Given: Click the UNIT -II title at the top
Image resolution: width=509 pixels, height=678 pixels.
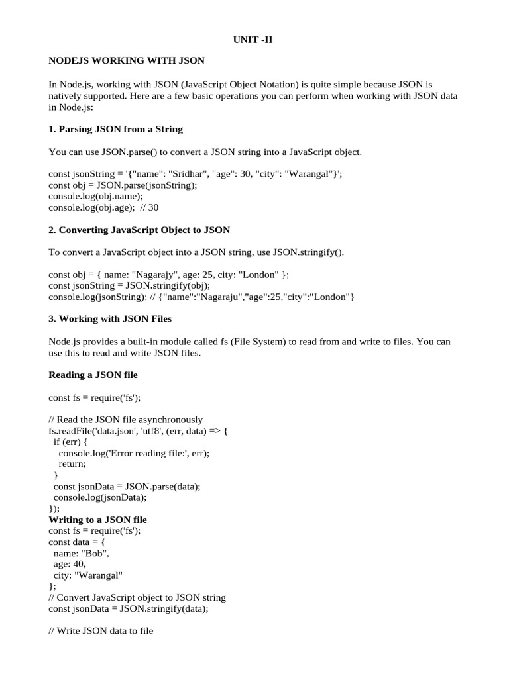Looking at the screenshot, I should (x=253, y=40).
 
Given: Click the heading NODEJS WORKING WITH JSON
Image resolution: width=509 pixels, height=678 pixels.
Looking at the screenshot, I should (x=127, y=61).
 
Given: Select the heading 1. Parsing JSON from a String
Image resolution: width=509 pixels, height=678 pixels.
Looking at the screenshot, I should (x=116, y=129).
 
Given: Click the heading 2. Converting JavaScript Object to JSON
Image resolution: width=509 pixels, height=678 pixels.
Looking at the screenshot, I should (x=140, y=230).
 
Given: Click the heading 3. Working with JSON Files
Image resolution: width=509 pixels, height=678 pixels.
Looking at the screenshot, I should (x=110, y=319).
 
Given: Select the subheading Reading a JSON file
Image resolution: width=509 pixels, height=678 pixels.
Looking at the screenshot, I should (x=93, y=375).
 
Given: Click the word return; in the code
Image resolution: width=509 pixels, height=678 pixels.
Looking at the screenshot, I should (x=72, y=464).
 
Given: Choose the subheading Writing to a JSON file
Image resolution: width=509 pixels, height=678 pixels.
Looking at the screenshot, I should (x=98, y=520).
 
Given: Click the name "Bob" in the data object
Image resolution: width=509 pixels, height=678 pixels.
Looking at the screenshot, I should (x=94, y=553).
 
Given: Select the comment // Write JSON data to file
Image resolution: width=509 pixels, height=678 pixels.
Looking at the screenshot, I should (x=101, y=632).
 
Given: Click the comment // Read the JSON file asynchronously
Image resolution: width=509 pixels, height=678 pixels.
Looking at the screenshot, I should (x=126, y=420).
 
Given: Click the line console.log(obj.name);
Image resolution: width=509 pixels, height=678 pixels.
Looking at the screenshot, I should (x=95, y=197).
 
